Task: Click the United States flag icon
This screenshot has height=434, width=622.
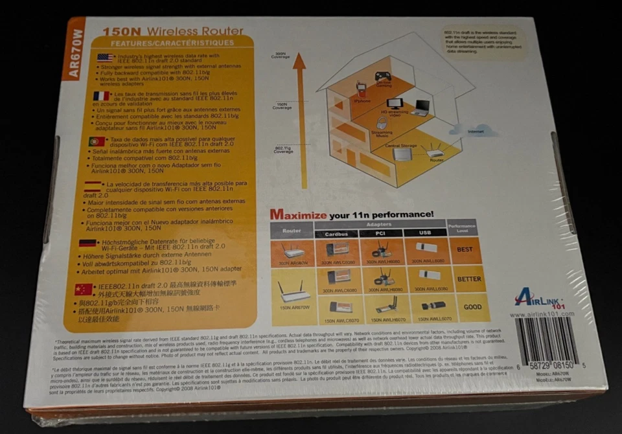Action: (x=105, y=58)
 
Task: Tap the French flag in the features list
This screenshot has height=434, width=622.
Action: (x=101, y=96)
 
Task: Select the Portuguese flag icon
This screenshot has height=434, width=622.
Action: (x=97, y=141)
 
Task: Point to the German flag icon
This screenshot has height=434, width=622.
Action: (x=88, y=244)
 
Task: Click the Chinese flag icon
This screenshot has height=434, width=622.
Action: (x=84, y=289)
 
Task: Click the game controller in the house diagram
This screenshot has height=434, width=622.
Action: (x=382, y=76)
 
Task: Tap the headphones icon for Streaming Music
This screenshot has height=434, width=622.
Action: (x=382, y=121)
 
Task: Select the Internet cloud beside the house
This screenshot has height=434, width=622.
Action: (x=474, y=130)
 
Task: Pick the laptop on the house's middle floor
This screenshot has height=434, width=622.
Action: (x=422, y=108)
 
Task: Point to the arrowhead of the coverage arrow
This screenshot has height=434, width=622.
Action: (x=299, y=62)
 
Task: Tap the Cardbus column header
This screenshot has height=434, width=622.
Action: (x=336, y=233)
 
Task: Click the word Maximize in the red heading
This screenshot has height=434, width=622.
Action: (x=298, y=214)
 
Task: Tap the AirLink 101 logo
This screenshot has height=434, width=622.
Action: (x=535, y=298)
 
